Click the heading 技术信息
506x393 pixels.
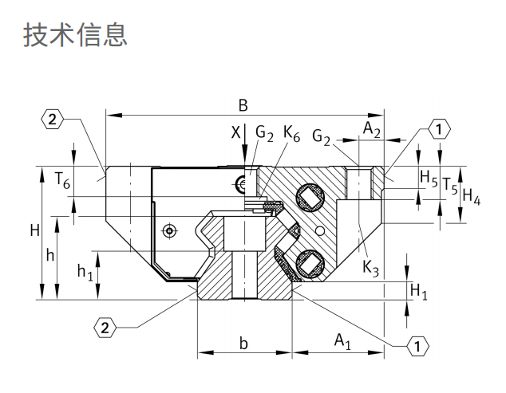tap(77, 34)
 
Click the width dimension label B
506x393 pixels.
tap(243, 105)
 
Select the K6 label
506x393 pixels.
tap(291, 134)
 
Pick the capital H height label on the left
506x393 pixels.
tap(34, 231)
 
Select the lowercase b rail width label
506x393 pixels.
tap(244, 344)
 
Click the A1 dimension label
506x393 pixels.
tap(342, 342)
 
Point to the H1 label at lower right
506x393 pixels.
tap(418, 293)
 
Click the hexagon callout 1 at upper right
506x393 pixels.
tap(440, 128)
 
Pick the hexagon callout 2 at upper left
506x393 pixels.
tap(51, 120)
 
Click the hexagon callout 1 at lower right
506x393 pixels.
tap(417, 344)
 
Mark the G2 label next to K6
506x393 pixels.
tap(265, 134)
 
